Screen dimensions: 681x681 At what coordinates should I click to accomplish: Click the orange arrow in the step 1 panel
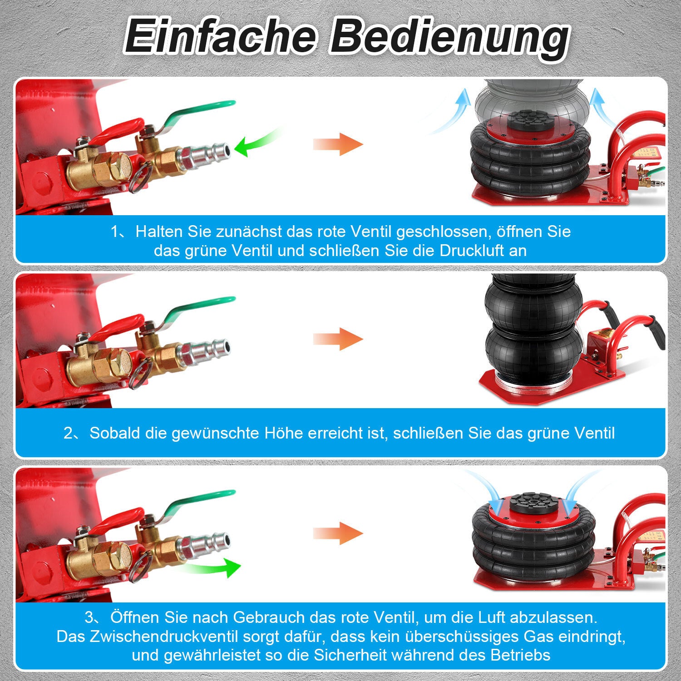(x=338, y=145)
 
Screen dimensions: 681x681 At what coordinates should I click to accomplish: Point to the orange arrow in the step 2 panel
(x=338, y=339)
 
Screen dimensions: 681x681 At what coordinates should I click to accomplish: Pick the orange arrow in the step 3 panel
(x=338, y=533)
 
